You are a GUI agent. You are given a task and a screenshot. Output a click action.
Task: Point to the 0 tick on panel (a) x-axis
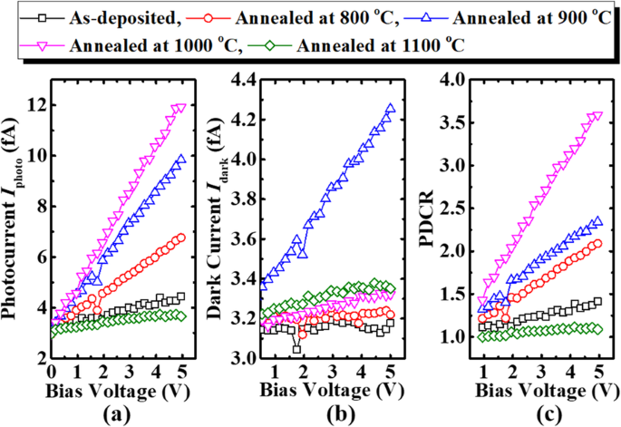(x=53, y=371)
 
